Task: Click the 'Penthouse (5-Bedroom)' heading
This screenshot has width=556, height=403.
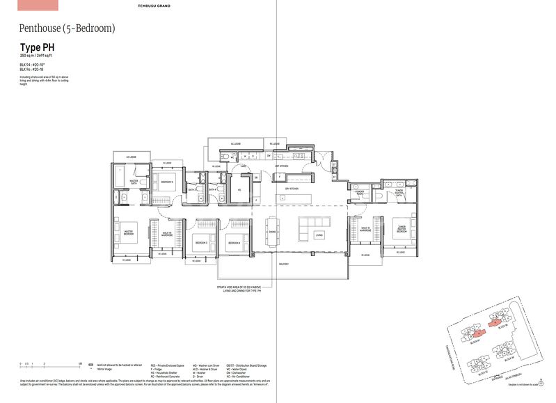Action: pyautogui.click(x=67, y=29)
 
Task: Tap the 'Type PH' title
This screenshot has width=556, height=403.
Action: pyautogui.click(x=38, y=47)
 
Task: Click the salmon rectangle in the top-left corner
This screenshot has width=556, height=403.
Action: pyautogui.click(x=29, y=5)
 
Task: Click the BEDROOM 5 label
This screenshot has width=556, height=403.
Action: pyautogui.click(x=167, y=182)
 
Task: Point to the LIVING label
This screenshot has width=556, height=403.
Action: pyautogui.click(x=319, y=235)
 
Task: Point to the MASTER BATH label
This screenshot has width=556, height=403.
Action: pyautogui.click(x=134, y=182)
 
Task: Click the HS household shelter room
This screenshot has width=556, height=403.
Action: pyautogui.click(x=239, y=189)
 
